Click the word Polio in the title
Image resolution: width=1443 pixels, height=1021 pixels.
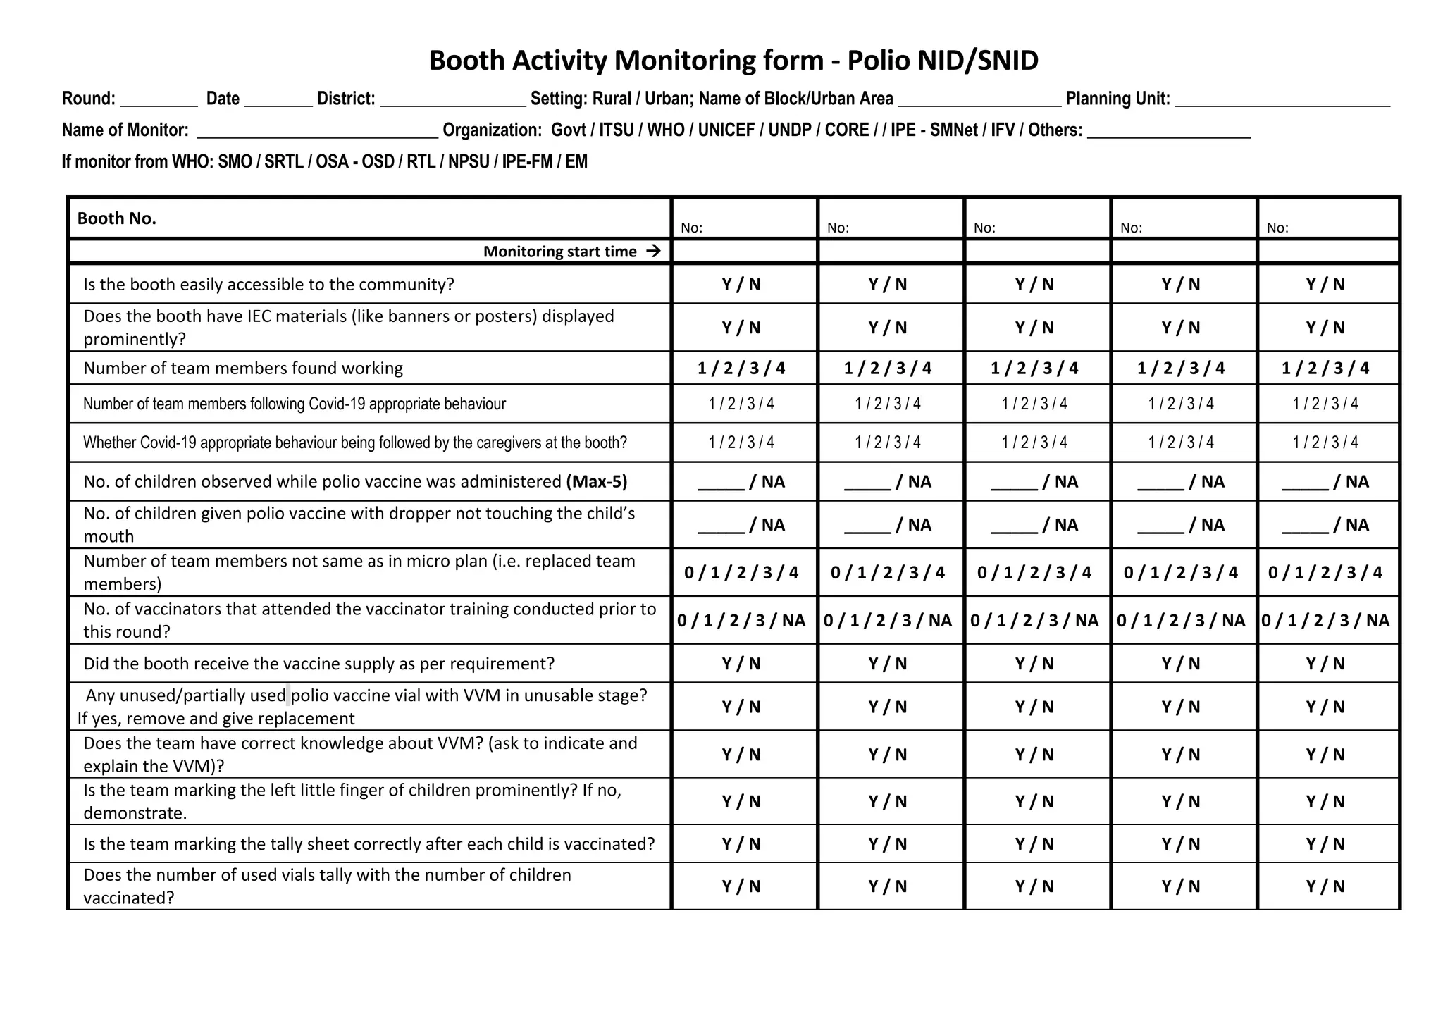pos(877,61)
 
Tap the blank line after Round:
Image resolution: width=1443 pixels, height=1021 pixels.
pos(159,101)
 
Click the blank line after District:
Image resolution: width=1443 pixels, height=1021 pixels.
pos(452,101)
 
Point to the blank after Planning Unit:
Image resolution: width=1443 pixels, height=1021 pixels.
pos(1282,101)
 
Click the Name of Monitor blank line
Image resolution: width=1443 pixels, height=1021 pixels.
pos(317,132)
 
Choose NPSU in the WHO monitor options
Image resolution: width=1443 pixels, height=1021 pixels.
pos(469,162)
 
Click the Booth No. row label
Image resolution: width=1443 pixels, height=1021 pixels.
pos(117,218)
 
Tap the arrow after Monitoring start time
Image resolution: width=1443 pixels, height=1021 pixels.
pos(653,252)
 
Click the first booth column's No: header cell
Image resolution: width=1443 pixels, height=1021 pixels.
pos(744,219)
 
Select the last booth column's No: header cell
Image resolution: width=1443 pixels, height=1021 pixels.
pos(1327,219)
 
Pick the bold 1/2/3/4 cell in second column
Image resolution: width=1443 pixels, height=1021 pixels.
pos(887,369)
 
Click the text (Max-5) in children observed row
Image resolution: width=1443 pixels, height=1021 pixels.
pos(596,482)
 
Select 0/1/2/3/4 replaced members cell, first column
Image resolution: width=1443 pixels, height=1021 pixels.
pos(741,573)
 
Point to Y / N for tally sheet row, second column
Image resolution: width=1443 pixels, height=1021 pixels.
pos(887,844)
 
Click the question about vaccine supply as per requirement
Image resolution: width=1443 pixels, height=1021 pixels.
pos(318,664)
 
